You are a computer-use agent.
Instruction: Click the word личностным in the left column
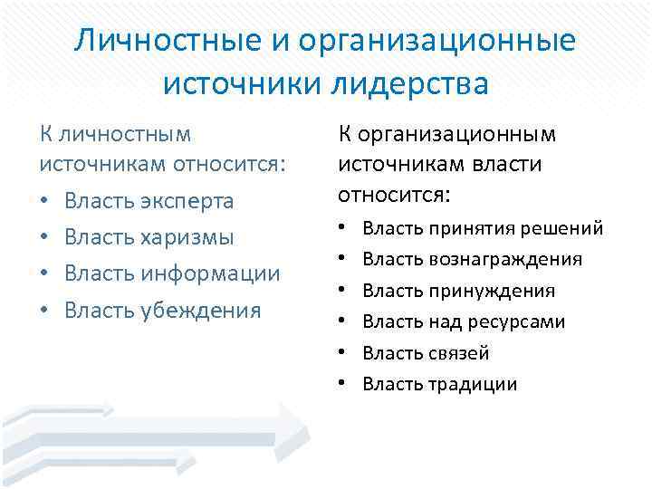125,134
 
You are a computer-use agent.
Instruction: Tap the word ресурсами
523,321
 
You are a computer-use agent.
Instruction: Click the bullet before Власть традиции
343,384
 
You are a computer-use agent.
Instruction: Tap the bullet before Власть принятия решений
343,229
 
